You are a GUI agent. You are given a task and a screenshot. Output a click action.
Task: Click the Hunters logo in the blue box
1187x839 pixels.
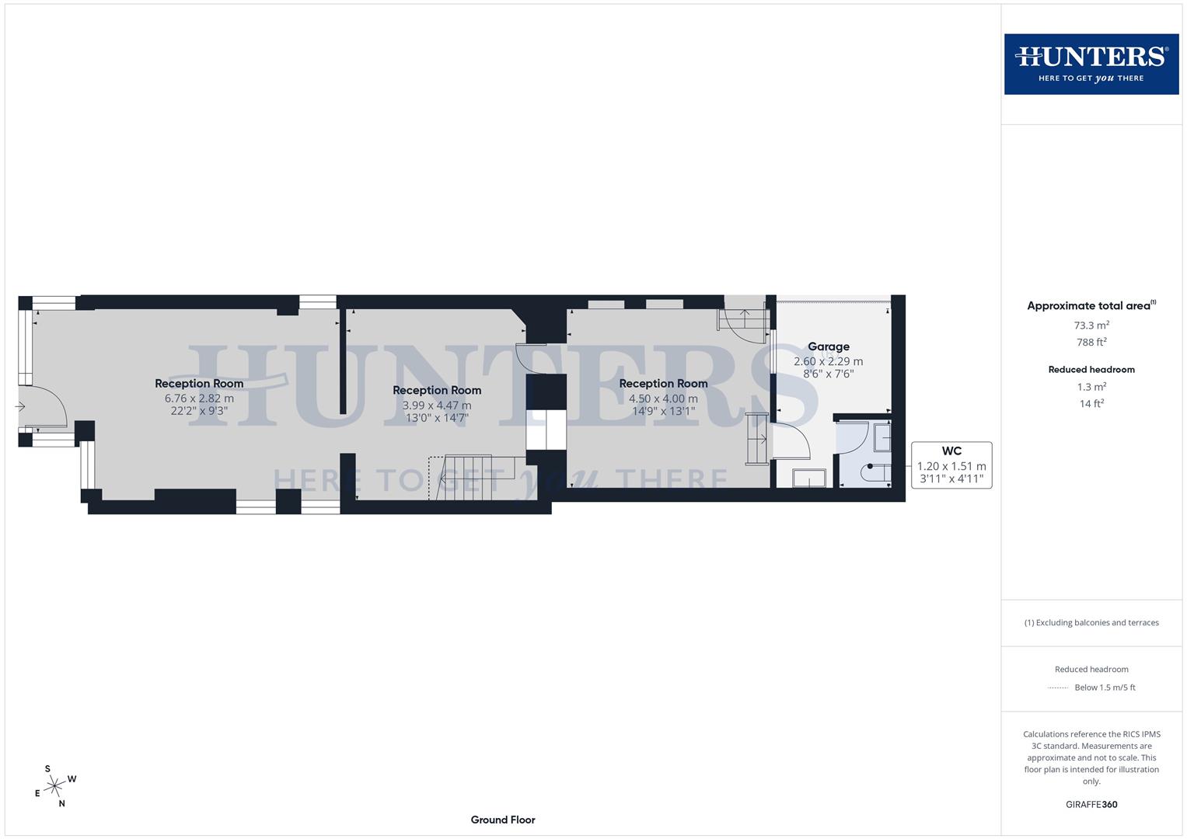(x=1091, y=64)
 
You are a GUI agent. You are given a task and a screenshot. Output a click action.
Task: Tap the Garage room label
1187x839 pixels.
(x=828, y=346)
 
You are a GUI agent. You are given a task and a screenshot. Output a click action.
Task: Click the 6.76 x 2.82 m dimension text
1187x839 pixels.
(x=199, y=399)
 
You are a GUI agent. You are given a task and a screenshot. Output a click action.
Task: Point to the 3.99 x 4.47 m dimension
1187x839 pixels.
(x=437, y=406)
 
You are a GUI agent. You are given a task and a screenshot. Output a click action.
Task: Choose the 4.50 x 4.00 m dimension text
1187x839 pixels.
(x=663, y=399)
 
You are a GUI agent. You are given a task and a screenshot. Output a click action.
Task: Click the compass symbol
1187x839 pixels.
(x=54, y=786)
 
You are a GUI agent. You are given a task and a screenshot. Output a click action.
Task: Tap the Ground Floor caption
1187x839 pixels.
(x=503, y=820)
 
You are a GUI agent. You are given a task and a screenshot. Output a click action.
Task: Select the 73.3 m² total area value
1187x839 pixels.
(x=1091, y=326)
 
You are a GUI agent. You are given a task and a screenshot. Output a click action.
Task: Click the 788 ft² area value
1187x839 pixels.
(x=1091, y=342)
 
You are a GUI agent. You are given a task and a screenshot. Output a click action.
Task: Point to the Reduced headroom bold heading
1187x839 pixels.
(x=1091, y=370)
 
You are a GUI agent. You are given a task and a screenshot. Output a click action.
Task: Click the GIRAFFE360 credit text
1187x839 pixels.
(x=1091, y=804)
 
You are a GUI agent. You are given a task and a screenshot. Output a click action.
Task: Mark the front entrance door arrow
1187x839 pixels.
(x=20, y=406)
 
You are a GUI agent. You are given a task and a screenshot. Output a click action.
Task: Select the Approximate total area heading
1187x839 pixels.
(x=1091, y=306)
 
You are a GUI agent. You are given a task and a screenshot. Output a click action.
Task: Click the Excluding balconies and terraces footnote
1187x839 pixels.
(x=1091, y=622)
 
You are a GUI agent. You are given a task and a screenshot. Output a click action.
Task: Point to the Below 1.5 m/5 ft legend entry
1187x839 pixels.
(x=1104, y=688)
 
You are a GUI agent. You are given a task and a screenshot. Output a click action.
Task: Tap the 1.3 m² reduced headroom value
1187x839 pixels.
(x=1091, y=387)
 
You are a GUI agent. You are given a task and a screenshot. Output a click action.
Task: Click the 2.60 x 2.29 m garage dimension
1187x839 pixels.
(x=828, y=361)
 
